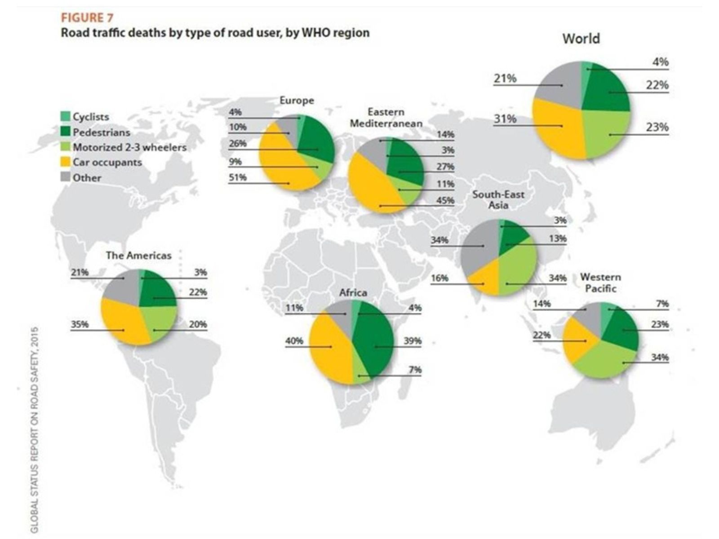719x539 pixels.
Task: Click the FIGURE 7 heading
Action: tap(87, 18)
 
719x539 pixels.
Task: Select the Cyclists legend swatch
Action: tap(66, 116)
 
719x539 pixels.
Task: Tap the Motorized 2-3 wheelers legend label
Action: tap(130, 148)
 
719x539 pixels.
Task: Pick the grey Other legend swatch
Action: tap(66, 177)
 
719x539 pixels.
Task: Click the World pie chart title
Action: tap(581, 39)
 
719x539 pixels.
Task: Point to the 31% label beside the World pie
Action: tap(505, 119)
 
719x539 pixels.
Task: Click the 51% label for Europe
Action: tap(237, 177)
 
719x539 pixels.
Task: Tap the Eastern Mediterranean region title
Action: tap(386, 118)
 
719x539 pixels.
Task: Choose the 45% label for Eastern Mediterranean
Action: tap(445, 200)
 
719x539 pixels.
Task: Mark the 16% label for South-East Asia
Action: tap(439, 278)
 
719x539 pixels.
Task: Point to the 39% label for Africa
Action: tap(413, 341)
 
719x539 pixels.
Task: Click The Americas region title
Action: tap(138, 255)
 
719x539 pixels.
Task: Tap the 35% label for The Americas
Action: tap(80, 324)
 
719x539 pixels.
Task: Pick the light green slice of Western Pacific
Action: tap(606, 360)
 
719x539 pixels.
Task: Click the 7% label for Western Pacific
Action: tap(662, 304)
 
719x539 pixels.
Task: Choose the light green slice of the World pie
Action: tap(606, 134)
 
